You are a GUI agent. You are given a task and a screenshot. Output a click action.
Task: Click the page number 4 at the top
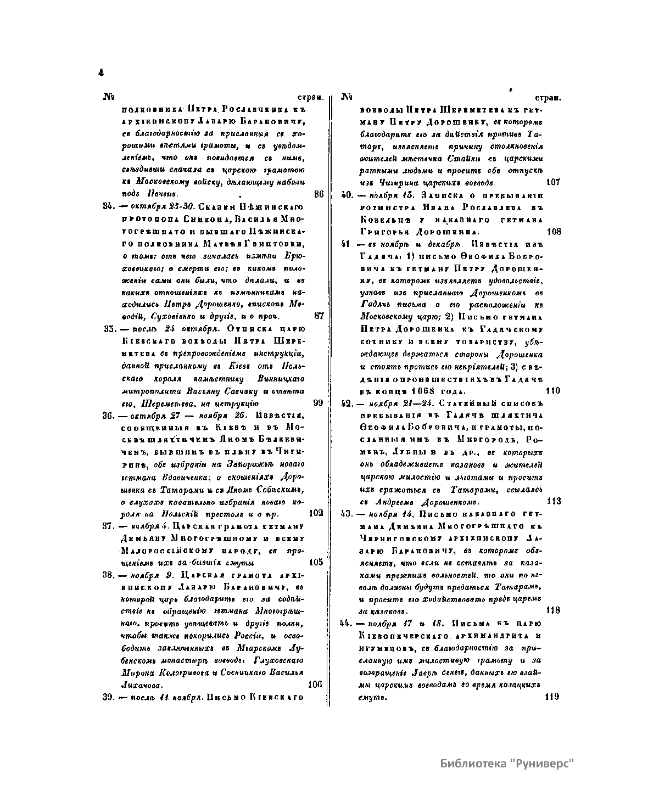click(101, 72)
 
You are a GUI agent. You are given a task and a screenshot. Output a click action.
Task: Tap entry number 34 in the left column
click(108, 206)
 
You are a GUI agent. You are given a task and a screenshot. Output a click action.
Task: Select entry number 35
click(108, 328)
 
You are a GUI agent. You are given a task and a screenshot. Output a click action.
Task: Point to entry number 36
click(108, 414)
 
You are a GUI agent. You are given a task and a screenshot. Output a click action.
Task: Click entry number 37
click(108, 526)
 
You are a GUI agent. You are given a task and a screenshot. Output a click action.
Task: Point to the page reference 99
click(318, 403)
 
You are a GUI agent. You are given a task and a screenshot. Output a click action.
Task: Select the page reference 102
click(316, 513)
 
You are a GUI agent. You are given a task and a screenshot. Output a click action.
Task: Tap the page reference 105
click(316, 562)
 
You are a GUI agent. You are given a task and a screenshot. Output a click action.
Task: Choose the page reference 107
click(554, 182)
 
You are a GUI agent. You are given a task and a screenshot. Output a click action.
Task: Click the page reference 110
click(554, 391)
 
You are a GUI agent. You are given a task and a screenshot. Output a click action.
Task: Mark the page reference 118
click(554, 610)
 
